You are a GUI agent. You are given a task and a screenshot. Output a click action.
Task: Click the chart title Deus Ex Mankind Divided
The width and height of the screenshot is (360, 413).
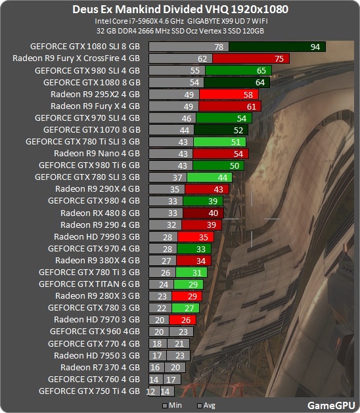[137, 9]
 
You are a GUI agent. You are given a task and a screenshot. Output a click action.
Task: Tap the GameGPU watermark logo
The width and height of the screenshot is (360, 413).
[331, 405]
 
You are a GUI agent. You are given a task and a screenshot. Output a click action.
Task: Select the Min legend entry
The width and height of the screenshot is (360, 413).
[172, 405]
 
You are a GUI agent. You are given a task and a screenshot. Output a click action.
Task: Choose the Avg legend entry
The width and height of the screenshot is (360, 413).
[206, 405]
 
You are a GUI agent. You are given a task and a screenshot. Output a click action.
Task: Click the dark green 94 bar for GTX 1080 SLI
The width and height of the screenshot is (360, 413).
[277, 47]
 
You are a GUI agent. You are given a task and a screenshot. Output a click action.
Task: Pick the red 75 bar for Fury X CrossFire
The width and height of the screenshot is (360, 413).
[251, 58]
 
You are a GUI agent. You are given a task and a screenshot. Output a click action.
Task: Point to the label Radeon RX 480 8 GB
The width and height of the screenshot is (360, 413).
[100, 213]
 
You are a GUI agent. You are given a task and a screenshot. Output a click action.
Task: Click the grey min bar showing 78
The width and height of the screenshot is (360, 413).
[189, 47]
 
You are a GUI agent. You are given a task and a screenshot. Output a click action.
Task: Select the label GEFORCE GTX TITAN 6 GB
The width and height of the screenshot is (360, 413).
[89, 284]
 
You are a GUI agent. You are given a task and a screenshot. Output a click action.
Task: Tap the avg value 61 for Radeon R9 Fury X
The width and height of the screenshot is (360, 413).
[252, 106]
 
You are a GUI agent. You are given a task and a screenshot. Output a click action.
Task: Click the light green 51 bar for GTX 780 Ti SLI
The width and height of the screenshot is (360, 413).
[219, 142]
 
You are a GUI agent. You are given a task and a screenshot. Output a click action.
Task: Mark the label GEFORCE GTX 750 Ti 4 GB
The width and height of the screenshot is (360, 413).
[89, 391]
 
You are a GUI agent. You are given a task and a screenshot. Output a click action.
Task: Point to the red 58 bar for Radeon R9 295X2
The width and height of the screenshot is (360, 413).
[229, 95]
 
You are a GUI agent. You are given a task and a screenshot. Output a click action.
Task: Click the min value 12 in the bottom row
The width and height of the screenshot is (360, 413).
[150, 392]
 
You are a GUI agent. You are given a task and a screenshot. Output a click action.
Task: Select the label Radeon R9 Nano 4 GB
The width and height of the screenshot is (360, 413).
[97, 153]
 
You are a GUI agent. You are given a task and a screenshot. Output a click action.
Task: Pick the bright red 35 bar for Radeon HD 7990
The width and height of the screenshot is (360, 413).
[196, 237]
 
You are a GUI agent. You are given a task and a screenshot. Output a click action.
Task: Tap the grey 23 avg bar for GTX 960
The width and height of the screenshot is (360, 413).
[181, 332]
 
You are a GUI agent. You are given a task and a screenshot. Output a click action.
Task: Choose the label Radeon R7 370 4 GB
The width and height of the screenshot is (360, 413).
[100, 367]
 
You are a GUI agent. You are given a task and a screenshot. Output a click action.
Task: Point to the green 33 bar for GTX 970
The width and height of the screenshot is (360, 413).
[194, 249]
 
